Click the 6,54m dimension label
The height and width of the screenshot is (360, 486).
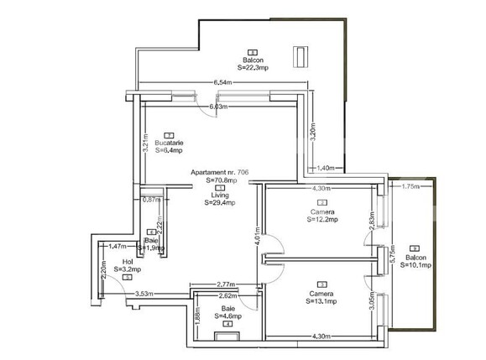click(x=222, y=82)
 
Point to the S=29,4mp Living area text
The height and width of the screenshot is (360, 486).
click(x=219, y=202)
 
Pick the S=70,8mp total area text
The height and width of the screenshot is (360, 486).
click(x=222, y=180)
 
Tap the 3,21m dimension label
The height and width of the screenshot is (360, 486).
click(x=144, y=138)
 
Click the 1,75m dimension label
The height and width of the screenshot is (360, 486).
click(x=410, y=186)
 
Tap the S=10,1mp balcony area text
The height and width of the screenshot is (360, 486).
click(x=415, y=264)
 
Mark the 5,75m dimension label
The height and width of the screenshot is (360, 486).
click(x=393, y=259)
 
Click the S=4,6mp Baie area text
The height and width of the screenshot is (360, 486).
click(x=227, y=316)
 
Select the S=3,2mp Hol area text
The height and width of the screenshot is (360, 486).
click(x=128, y=269)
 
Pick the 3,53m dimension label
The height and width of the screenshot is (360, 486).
click(x=144, y=293)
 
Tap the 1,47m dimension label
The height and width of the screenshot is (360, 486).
click(x=118, y=246)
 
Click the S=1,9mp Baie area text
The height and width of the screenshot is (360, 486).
click(x=152, y=248)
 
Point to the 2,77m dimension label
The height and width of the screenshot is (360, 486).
click(x=224, y=285)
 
